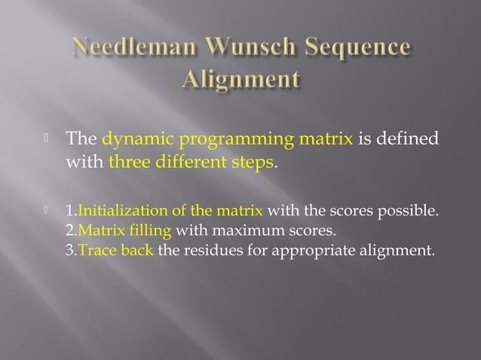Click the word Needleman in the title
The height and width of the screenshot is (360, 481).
[x=130, y=48]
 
